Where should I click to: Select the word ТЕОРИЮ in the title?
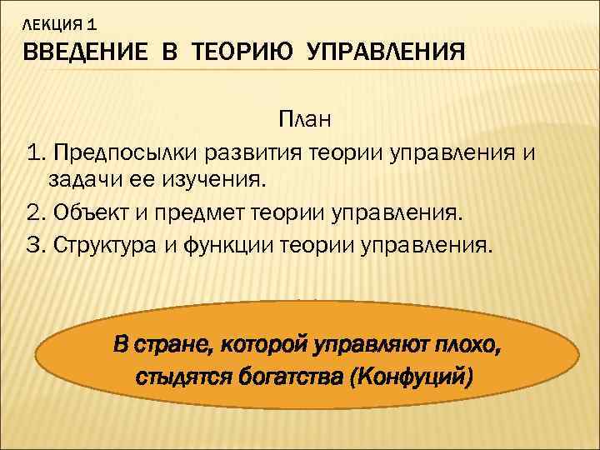[x=242, y=53]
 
